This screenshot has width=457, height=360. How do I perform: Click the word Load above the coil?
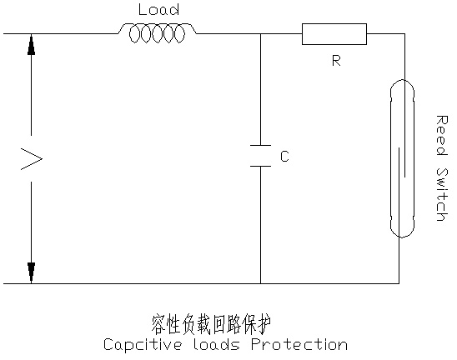coord(158,10)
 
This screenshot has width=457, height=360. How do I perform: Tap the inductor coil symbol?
coord(157,33)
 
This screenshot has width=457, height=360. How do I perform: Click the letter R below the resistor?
coord(336,61)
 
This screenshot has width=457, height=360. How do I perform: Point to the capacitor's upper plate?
coord(260,145)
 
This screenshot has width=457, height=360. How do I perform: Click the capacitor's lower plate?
coord(260,166)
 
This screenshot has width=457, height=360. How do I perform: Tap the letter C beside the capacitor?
coord(284,156)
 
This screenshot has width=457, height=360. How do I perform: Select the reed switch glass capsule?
coord(391,158)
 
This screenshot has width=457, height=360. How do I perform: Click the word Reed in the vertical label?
coord(442,136)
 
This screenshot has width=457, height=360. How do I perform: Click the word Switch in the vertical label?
coord(442,194)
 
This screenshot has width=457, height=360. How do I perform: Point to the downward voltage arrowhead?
coord(31,272)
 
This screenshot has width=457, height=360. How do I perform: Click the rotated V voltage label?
coord(32,158)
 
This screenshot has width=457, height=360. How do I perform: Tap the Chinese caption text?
coord(211,324)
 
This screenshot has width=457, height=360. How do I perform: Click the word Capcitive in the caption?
coord(143,344)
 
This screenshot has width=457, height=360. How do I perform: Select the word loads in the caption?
coord(217,344)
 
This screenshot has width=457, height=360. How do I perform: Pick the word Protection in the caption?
coord(299,344)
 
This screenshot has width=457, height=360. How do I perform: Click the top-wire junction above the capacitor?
coord(260,34)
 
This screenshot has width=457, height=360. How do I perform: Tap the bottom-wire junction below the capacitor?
coord(260,283)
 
